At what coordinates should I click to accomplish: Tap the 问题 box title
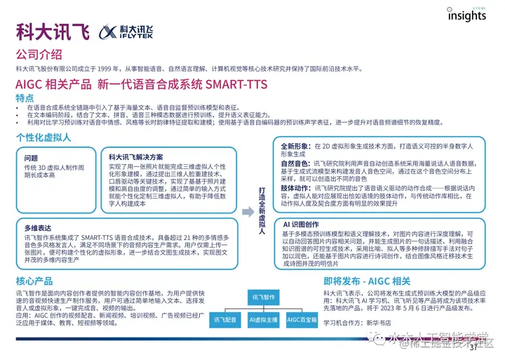pos(31,159)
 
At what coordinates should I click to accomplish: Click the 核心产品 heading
pos(35,281)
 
